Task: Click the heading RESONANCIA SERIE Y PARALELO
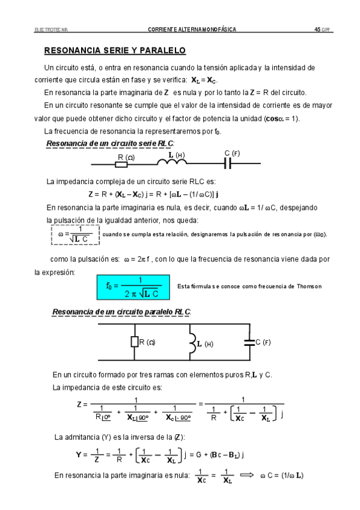115,51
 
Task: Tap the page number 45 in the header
316,29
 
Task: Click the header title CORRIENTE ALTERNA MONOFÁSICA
192,29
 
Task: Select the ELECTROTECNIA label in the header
52,29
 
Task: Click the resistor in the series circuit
126,164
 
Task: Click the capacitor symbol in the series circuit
228,163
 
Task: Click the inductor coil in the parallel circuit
192,343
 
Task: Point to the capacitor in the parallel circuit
247,343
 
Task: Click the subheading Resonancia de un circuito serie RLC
109,143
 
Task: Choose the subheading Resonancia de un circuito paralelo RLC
121,312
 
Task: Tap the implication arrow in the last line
247,475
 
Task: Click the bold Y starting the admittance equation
78,455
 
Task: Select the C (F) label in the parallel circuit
263,342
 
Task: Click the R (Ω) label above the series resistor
126,156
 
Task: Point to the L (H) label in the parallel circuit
206,344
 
